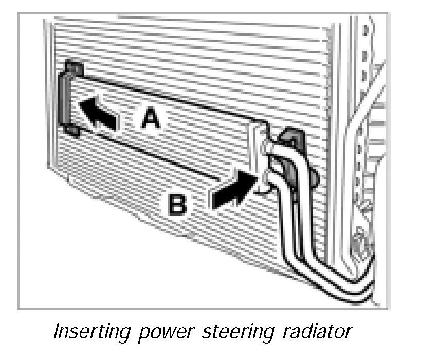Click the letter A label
(x=151, y=119)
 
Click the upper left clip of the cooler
(x=74, y=68)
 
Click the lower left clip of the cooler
(x=72, y=131)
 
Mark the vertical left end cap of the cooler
(x=66, y=100)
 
